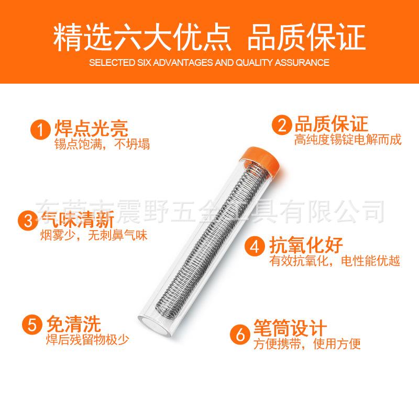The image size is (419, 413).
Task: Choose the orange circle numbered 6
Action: [239, 333]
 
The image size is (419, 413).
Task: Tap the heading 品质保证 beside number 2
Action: [330, 124]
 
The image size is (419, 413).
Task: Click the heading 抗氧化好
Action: [306, 244]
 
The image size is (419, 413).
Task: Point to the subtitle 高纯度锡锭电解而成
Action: [340, 140]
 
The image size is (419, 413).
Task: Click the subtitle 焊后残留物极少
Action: [87, 338]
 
